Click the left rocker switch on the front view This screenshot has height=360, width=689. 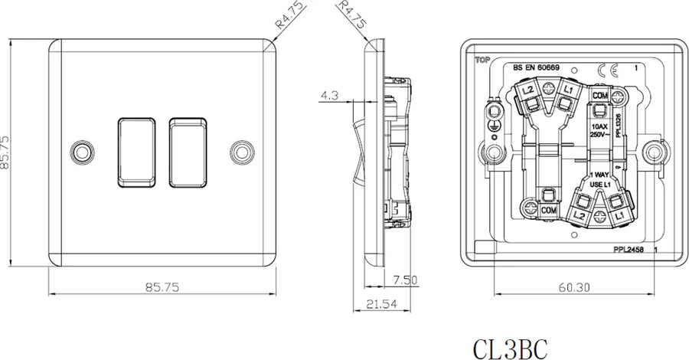tap(137, 151)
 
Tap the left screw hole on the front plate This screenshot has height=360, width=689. tap(81, 150)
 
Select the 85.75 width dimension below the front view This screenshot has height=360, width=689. tap(162, 288)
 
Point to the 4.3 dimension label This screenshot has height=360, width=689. tap(329, 97)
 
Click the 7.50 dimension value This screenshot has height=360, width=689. tap(405, 280)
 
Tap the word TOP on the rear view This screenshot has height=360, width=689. tap(482, 60)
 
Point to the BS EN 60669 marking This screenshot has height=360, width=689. tap(536, 68)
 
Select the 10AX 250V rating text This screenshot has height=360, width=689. tap(599, 129)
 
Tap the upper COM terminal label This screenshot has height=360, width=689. tap(601, 96)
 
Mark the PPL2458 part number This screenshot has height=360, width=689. tap(629, 250)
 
